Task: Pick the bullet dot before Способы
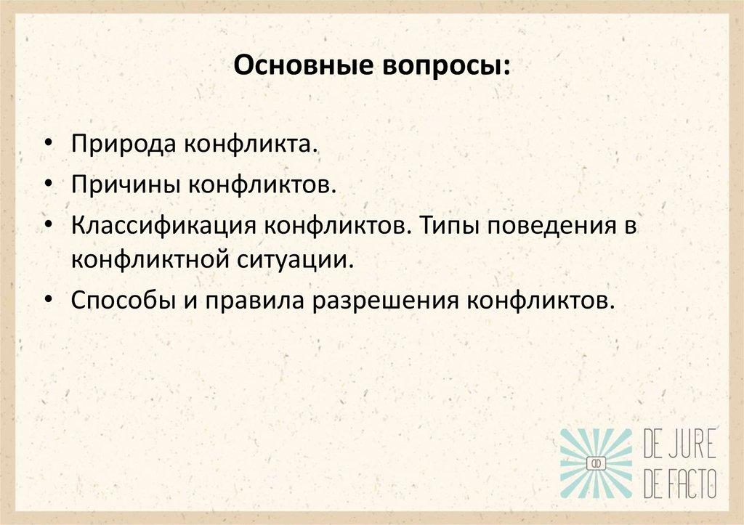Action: click(47, 300)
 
